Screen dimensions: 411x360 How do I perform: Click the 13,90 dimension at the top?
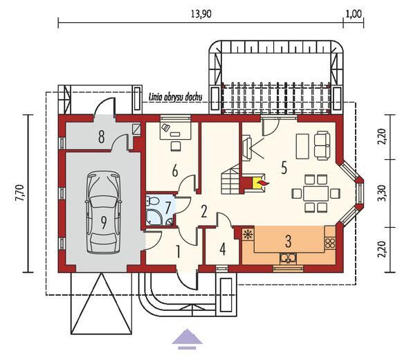click(x=201, y=14)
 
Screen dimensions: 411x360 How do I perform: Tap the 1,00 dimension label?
click(x=354, y=14)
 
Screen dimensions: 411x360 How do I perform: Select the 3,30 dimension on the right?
click(x=383, y=193)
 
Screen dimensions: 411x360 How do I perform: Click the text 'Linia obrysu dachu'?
click(x=175, y=98)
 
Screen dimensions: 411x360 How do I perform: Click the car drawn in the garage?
click(x=104, y=213)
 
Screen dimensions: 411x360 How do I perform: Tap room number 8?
click(x=102, y=136)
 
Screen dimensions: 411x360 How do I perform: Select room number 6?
click(x=175, y=170)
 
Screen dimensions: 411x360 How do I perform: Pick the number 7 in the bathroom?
click(x=167, y=207)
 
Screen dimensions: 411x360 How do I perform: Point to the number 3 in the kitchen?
click(x=288, y=242)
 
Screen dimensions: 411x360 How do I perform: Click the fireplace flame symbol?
click(x=262, y=182)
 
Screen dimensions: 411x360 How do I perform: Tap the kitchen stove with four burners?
click(x=330, y=243)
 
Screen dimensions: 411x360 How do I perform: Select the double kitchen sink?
click(x=288, y=258)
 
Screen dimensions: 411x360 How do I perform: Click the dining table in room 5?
click(x=316, y=194)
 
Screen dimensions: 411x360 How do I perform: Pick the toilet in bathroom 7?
click(x=152, y=201)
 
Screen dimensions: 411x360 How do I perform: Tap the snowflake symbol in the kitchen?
click(x=247, y=234)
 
